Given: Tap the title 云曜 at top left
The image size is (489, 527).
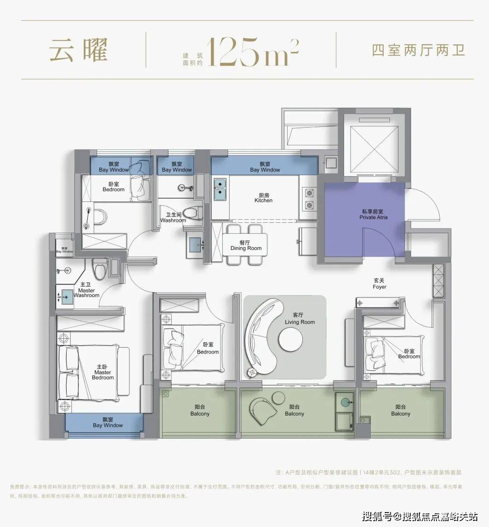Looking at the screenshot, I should click(78, 50).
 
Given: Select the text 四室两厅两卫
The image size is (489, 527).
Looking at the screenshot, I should click(418, 50).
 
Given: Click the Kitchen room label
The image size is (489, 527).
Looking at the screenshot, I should click(264, 198).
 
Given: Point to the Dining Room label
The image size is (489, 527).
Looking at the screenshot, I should click(246, 245).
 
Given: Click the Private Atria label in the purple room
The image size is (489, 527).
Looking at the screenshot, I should click(374, 215).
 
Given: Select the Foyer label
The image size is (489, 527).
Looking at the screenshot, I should click(379, 284).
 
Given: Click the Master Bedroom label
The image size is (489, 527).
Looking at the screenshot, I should click(103, 372).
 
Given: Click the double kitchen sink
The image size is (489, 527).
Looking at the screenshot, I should click(221, 190).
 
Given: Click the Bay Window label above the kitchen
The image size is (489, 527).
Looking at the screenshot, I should click(265, 167).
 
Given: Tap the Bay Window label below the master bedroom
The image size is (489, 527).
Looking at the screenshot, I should click(108, 422).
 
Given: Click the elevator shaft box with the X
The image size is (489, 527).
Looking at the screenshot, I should click(373, 143).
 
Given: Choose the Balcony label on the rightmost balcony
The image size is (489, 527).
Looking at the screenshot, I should click(401, 411).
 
